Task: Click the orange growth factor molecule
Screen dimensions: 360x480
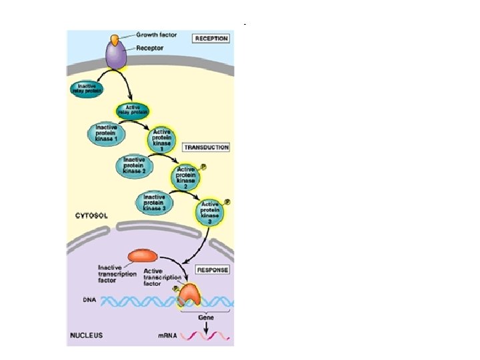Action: pos(115,41)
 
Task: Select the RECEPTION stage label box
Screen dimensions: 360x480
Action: pos(211,39)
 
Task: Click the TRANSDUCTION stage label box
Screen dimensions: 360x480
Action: pos(207,147)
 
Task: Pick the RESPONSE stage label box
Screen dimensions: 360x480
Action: pos(213,270)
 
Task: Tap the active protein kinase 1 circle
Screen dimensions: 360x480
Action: pos(162,140)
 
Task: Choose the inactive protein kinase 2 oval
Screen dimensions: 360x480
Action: pos(135,165)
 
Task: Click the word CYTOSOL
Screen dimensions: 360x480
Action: pos(92,216)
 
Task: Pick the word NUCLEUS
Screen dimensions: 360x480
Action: pos(87,335)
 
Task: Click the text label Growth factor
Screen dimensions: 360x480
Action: pos(157,35)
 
